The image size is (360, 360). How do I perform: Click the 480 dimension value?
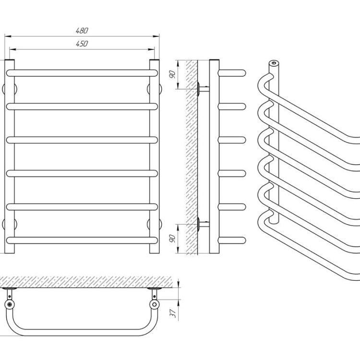pyautogui.click(x=82, y=31)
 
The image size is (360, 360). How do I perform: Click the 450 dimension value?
pyautogui.click(x=82, y=44)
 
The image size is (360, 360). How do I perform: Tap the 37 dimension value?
pyautogui.click(x=173, y=312)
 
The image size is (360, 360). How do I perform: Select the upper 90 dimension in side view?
pyautogui.click(x=172, y=74)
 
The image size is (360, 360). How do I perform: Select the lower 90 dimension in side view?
pyautogui.click(x=172, y=239)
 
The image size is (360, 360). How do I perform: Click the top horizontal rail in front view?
pyautogui.click(x=82, y=73)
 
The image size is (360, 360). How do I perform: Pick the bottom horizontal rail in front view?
pyautogui.click(x=82, y=240)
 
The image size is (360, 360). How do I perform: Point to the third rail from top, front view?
pyautogui.click(x=82, y=140)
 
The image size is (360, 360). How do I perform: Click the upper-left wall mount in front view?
pyautogui.click(x=10, y=89)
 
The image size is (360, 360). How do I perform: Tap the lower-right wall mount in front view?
pyautogui.click(x=154, y=224)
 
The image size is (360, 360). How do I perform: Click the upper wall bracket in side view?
pyautogui.click(x=204, y=89)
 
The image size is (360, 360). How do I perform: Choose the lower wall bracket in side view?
pyautogui.click(x=204, y=224)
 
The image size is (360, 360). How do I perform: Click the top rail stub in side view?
pyautogui.click(x=232, y=73)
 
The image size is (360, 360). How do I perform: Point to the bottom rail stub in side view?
pyautogui.click(x=232, y=240)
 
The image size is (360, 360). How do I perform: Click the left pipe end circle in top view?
pyautogui.click(x=10, y=304)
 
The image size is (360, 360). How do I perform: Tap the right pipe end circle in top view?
pyautogui.click(x=155, y=304)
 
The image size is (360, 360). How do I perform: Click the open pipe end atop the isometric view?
pyautogui.click(x=274, y=63)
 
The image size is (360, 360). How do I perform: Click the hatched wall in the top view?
pyautogui.click(x=85, y=282)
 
